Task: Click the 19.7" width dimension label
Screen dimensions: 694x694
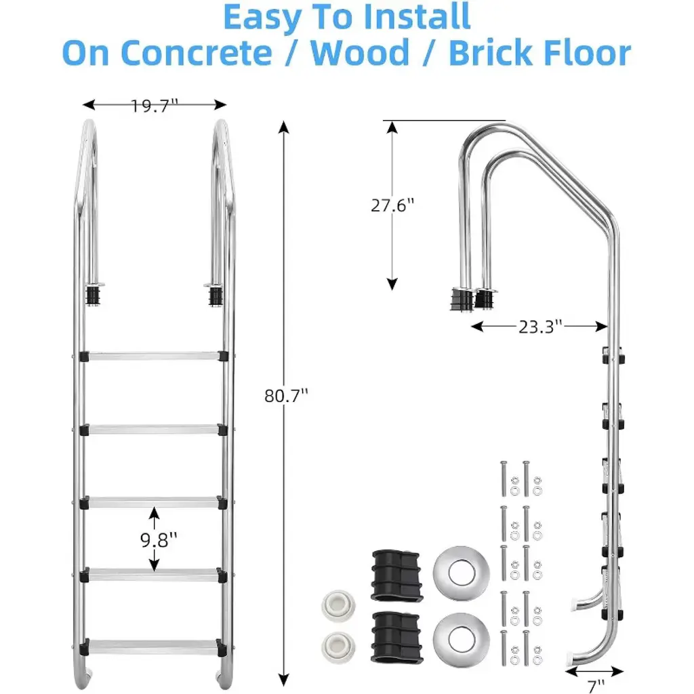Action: tap(155, 106)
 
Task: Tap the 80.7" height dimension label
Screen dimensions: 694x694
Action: tap(286, 396)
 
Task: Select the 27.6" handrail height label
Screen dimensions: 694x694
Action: tap(392, 205)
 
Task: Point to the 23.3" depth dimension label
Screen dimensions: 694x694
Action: tap(540, 327)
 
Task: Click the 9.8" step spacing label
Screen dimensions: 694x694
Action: tap(159, 539)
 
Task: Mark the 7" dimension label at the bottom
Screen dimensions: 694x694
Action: tap(596, 686)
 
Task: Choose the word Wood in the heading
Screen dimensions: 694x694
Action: tap(360, 53)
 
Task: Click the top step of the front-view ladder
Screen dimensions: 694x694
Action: tap(154, 356)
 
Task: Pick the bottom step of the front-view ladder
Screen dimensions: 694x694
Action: tap(154, 647)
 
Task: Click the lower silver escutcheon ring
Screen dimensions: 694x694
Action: tap(461, 639)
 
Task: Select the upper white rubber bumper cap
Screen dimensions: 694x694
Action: tap(338, 606)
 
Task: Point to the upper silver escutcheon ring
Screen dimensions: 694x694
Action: tap(461, 572)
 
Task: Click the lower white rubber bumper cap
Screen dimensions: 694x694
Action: tap(338, 647)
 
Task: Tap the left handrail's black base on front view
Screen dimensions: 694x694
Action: tap(93, 295)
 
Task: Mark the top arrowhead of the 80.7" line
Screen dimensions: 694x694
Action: tap(284, 127)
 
